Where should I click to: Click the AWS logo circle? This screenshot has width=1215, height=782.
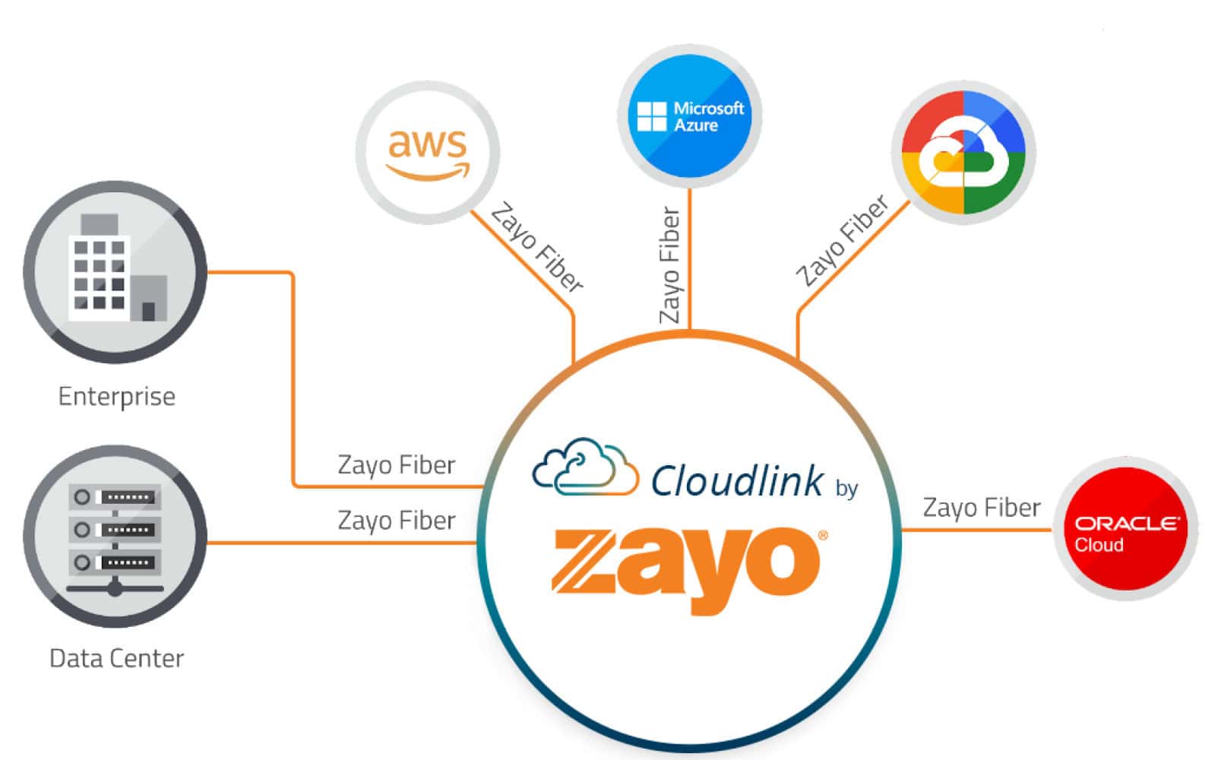point(428,153)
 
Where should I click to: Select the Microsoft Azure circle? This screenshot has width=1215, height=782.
point(690,116)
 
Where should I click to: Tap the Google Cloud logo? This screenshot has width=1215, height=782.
point(963,153)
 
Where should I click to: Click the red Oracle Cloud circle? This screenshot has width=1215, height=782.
point(1125,529)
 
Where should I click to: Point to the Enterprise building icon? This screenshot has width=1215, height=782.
point(115,271)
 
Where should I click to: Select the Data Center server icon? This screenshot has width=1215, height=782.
point(115,537)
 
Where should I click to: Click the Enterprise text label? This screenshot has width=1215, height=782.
point(116,397)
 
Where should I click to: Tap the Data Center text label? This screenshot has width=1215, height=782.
point(116,658)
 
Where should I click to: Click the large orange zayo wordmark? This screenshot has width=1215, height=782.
point(688,567)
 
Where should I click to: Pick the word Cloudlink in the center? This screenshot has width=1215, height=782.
point(736,481)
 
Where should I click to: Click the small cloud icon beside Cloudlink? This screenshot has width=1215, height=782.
point(584,467)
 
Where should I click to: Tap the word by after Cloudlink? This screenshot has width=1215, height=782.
point(846,488)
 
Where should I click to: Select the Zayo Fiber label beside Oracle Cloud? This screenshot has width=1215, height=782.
point(981,508)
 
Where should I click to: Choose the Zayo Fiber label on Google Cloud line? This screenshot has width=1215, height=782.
point(842,240)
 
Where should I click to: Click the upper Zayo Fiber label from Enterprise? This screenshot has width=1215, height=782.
point(396,465)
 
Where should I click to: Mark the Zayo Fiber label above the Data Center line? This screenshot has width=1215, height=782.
point(396,521)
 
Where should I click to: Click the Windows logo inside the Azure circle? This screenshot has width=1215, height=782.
point(651,117)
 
